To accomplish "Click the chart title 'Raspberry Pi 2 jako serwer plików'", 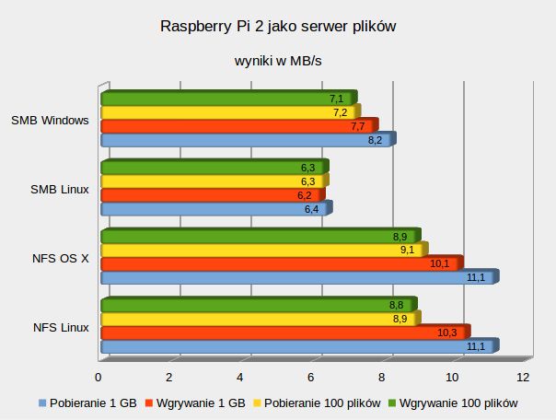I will coord(277,27).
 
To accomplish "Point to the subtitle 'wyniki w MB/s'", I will coord(277,61).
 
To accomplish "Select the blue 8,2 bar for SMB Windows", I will coord(244,140).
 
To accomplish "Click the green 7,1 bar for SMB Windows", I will coord(226,99).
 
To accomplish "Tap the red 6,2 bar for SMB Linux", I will coord(210,195).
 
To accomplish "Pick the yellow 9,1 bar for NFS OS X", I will coord(261,250).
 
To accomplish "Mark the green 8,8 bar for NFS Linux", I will coord(256,305).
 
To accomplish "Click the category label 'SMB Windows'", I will coord(50,120).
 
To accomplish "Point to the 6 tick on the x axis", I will coord(311,378).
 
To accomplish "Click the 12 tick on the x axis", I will coord(523,378).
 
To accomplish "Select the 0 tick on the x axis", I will coord(98,378).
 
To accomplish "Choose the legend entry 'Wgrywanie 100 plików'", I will coord(455,402).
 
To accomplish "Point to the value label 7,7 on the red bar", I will coord(358,126).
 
